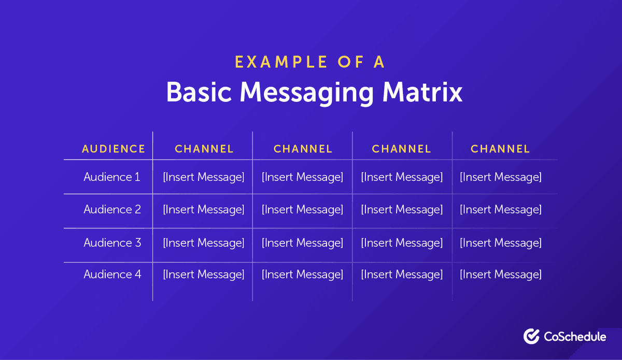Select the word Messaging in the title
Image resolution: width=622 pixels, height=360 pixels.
[x=306, y=93]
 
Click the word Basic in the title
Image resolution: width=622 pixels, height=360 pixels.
[x=199, y=92]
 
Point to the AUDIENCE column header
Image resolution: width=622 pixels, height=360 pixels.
[x=114, y=149]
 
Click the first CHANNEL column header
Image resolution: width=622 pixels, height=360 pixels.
[x=204, y=149]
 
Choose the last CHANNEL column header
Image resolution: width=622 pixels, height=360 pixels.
[x=500, y=149]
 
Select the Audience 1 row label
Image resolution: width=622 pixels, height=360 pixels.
[x=112, y=177]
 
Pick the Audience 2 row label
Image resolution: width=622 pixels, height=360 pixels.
[x=112, y=210]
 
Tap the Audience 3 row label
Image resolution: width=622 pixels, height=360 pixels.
[x=112, y=242]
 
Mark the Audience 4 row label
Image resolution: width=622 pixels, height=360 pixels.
[x=112, y=275]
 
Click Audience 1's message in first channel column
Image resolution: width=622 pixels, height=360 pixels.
[x=204, y=177]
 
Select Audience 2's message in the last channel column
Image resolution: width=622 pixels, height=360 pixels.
[x=500, y=210]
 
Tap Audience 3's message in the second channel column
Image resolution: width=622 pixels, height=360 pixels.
[x=302, y=242]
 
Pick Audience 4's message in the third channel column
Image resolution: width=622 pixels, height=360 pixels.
[x=402, y=275]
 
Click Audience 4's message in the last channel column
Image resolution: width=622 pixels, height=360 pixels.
[x=500, y=275]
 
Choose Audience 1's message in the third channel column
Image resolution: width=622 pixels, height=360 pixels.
[x=402, y=177]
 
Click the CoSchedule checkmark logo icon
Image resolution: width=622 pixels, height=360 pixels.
[x=531, y=336]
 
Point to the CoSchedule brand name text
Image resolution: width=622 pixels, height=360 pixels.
[x=575, y=337]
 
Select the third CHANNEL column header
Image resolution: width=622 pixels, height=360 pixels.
[x=402, y=149]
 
